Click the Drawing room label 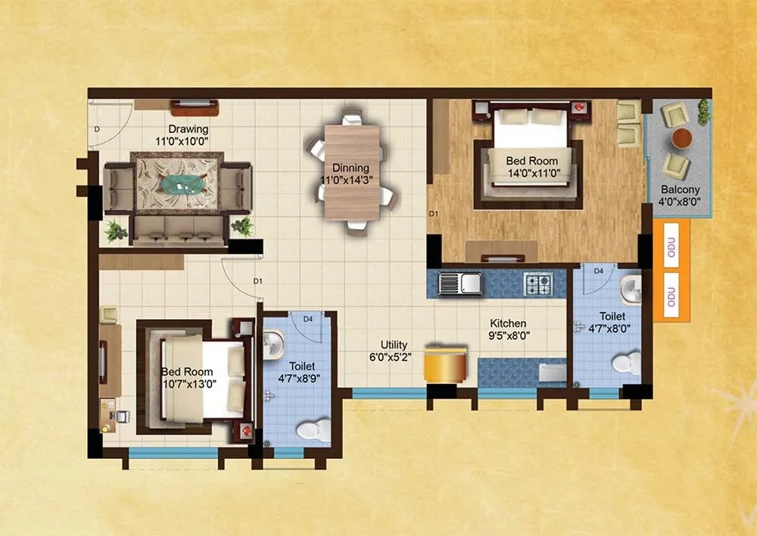[188, 135]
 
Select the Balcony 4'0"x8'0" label [680, 196]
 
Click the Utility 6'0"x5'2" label [388, 351]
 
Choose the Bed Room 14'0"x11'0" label [531, 166]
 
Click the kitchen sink [461, 283]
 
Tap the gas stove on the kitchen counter [538, 283]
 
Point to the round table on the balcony [681, 138]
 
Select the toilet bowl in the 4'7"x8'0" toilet [625, 364]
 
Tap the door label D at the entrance [97, 130]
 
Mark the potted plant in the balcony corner [704, 112]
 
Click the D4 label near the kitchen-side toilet [598, 271]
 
